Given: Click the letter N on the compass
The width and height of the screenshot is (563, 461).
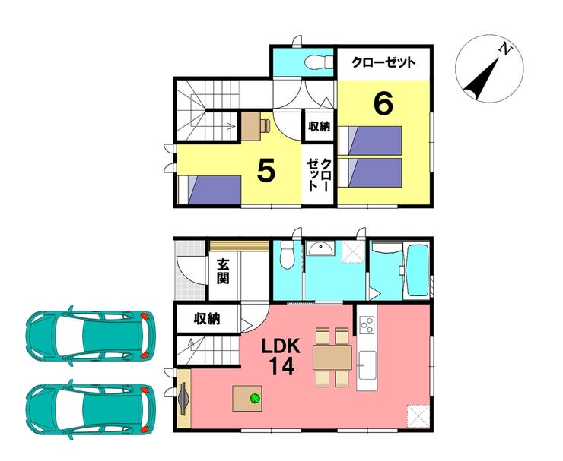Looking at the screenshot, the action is tap(507, 49).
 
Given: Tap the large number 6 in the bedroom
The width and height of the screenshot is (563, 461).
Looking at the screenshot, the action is tap(383, 104).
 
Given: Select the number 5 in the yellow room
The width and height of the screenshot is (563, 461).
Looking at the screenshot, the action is tap(266, 171).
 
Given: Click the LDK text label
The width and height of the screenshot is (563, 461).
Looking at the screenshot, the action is tap(281, 346).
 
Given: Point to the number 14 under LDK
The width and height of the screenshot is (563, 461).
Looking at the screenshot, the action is tap(282, 366).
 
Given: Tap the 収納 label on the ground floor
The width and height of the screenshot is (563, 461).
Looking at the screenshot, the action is tap(207, 319).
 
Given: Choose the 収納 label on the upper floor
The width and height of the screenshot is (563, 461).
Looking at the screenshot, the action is tap(320, 126).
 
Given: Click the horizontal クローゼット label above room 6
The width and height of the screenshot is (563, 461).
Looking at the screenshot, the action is tap(383, 63).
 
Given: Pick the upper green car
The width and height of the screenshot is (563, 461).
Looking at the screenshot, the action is tap(91, 336).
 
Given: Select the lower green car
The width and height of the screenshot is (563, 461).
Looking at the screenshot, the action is tap(91, 409).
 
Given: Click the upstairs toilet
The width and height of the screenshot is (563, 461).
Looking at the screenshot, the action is tap(319, 62).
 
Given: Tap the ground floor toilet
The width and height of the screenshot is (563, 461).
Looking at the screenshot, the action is tap(288, 254).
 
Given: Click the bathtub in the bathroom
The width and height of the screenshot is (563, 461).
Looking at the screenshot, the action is tap(417, 270).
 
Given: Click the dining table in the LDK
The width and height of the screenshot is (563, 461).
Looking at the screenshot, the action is tap(332, 357).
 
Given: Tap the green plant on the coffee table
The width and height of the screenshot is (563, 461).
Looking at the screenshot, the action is tap(256, 399).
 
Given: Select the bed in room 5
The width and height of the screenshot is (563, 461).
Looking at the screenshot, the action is tap(210, 190).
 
